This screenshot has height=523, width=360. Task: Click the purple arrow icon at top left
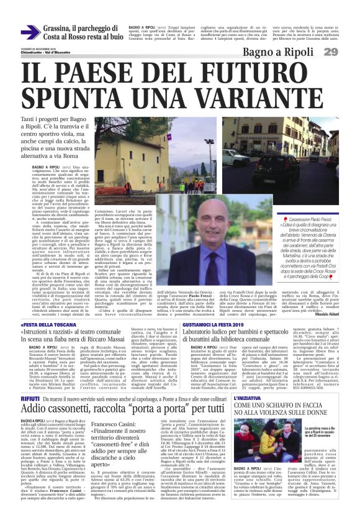coord(30,32)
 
